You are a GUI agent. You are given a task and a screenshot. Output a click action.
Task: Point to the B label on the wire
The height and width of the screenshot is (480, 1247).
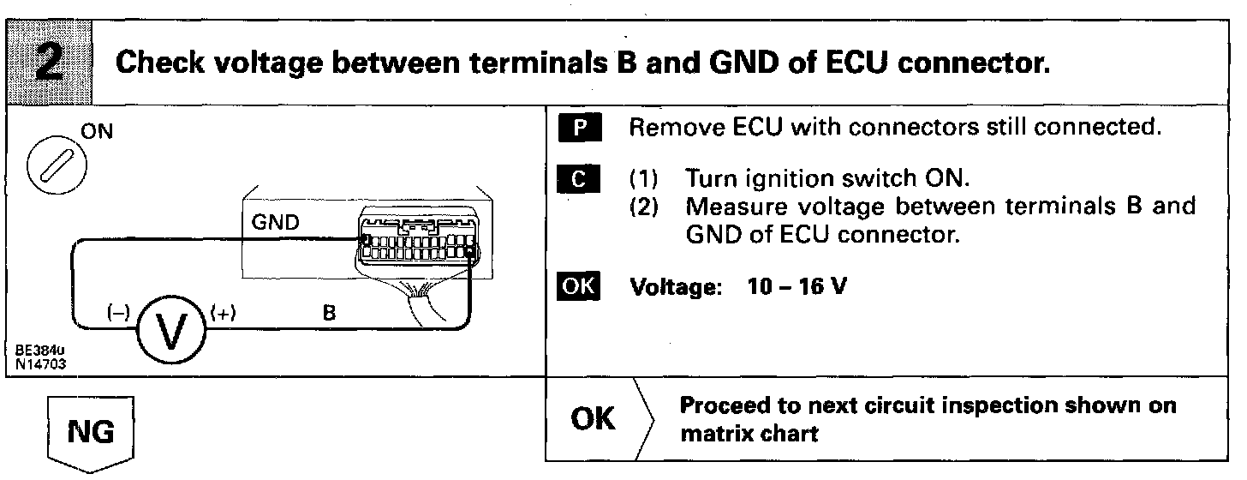pyautogui.click(x=329, y=313)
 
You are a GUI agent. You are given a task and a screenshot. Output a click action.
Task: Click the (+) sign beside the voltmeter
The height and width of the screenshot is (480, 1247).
pyautogui.click(x=222, y=313)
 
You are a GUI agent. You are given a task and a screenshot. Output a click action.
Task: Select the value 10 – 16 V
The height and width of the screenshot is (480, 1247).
pyautogui.click(x=795, y=286)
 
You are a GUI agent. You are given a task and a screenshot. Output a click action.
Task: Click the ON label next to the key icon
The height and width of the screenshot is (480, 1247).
pyautogui.click(x=101, y=133)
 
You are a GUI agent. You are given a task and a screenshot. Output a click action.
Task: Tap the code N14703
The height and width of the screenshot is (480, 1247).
pyautogui.click(x=41, y=363)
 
